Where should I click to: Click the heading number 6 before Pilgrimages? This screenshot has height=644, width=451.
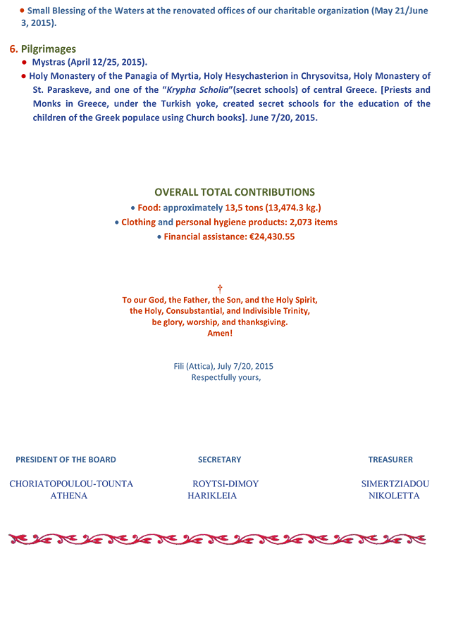(13, 49)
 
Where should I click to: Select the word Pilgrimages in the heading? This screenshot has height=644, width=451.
(49, 49)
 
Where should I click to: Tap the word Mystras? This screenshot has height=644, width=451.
(49, 63)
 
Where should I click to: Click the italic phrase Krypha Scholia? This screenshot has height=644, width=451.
(197, 90)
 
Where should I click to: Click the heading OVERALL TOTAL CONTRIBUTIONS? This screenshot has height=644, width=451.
(235, 192)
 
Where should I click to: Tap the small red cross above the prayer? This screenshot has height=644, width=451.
(220, 289)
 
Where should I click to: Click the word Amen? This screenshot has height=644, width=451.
(220, 333)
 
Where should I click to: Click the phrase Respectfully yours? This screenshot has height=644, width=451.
(225, 377)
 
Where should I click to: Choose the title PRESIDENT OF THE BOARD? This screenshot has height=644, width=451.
(66, 460)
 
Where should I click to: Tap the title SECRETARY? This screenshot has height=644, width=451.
(220, 460)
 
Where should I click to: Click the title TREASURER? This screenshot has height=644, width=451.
(390, 460)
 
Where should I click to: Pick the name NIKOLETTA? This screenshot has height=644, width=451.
(394, 495)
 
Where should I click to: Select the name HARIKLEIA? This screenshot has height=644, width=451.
(212, 495)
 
